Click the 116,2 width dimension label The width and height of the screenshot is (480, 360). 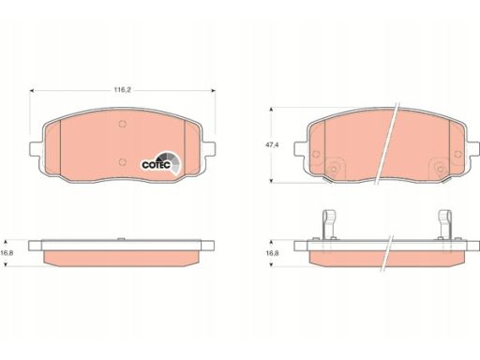[122, 90]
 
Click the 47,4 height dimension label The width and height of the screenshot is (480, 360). [273, 145]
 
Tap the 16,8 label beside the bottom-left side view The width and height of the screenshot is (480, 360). [7, 253]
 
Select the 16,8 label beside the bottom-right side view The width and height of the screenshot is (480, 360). [272, 253]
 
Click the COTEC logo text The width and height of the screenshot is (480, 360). [156, 165]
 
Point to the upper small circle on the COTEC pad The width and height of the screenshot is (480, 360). [123, 124]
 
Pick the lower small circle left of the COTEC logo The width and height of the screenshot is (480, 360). [123, 162]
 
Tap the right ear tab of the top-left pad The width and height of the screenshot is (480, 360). [209, 148]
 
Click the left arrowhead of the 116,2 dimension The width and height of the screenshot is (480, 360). [31, 91]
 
